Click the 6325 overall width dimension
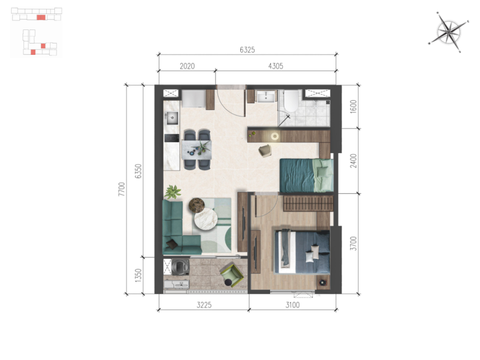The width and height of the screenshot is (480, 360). pos(247,50)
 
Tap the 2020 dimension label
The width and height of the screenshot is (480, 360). pos(187,66)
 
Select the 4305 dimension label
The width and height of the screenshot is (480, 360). pos(276,66)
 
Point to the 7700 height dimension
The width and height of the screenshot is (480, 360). pos(122,189)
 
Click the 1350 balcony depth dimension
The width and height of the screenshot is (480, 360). pos(138,276)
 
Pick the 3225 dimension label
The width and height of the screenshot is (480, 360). pos(204,305)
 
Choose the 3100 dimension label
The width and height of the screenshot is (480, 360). pos(292,305)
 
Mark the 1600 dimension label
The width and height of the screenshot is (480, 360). pos(353,106)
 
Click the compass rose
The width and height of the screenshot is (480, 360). pos(449,31)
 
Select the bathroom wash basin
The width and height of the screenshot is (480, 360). pos(266,97)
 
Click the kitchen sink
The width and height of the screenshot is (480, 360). pos(172,118)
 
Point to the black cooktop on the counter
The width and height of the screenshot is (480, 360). pos(172,138)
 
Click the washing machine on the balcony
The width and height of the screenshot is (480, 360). pos(180,267)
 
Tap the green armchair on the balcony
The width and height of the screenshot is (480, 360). pos(232,276)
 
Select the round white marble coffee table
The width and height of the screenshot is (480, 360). pos(206,219)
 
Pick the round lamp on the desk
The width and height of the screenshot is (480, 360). pos(275,136)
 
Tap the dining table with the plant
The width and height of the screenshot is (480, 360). pos(196,150)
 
